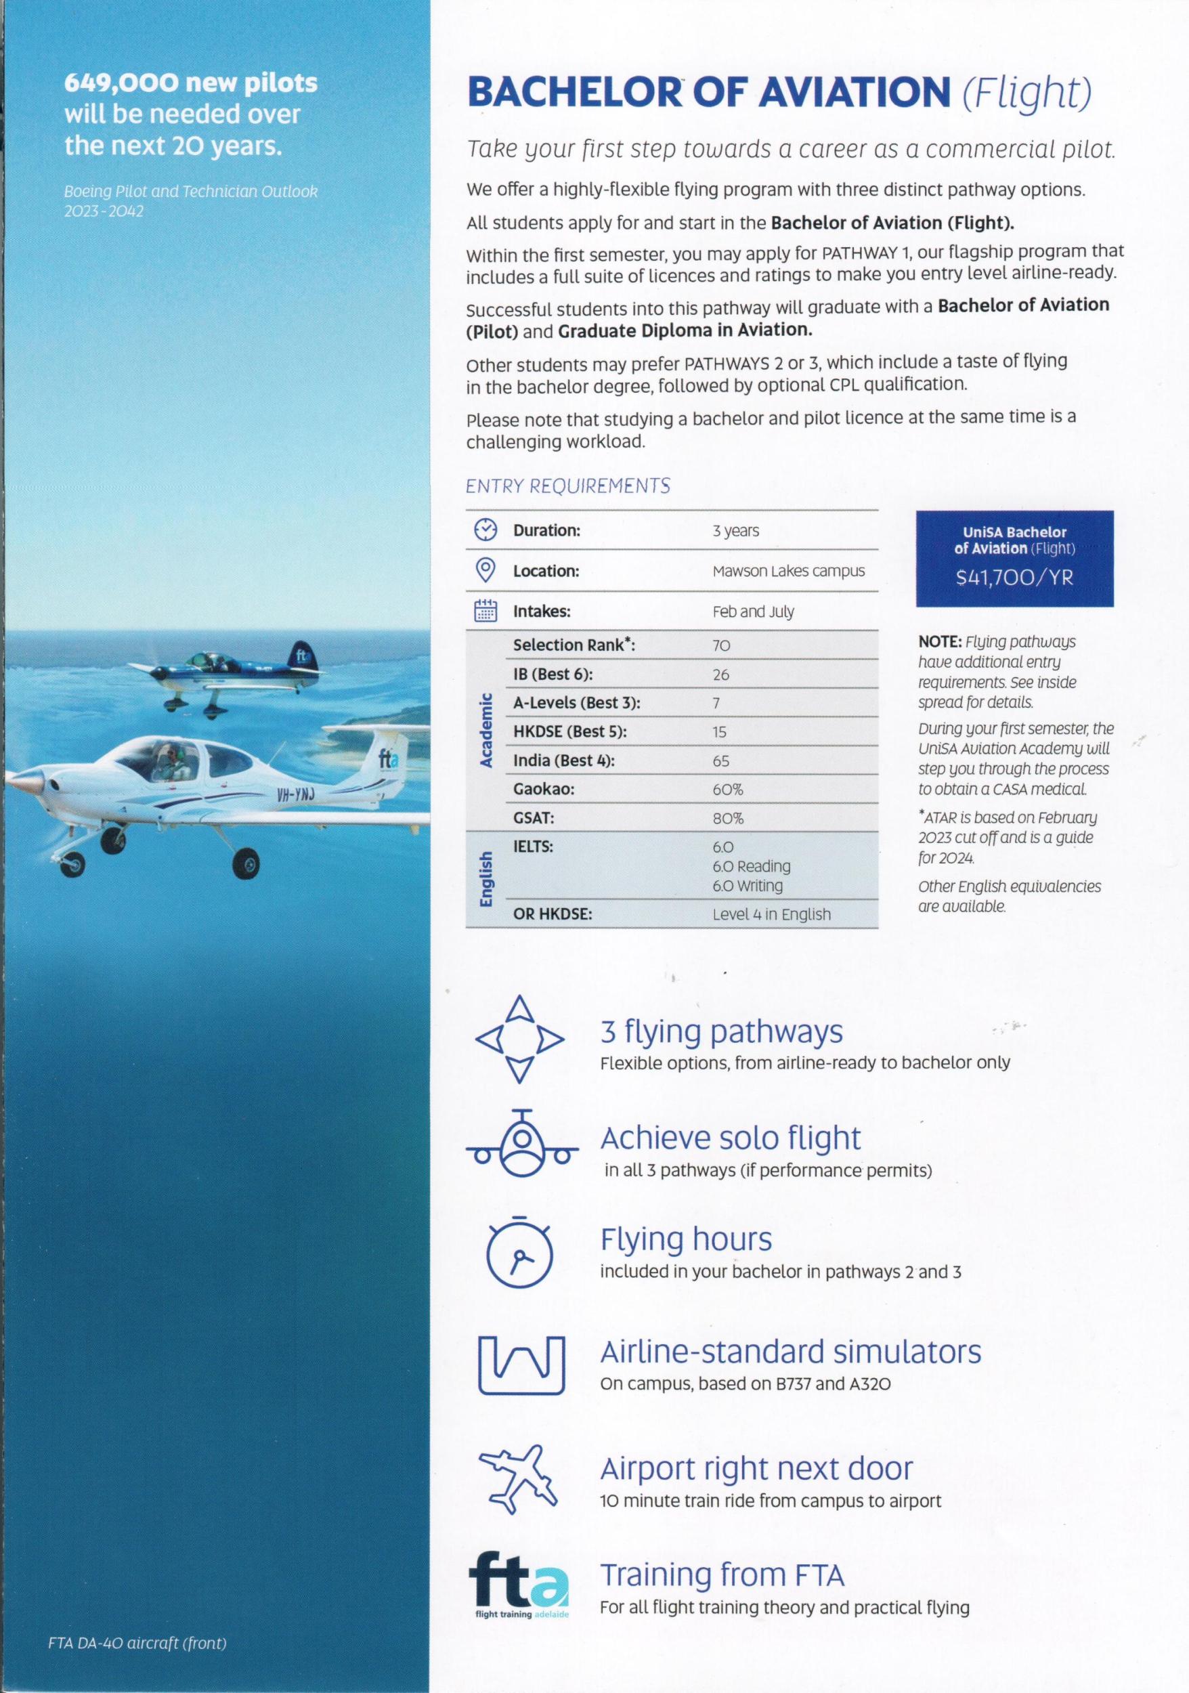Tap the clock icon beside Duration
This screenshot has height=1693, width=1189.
[x=485, y=530]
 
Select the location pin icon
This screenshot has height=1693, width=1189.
[x=485, y=570]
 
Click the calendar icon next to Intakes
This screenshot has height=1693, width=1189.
[x=485, y=612]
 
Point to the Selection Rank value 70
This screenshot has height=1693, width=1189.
[x=721, y=645]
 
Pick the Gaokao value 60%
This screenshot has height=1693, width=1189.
[x=728, y=789]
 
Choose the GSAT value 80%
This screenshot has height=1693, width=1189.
[x=728, y=819]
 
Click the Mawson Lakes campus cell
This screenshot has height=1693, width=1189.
[x=788, y=571]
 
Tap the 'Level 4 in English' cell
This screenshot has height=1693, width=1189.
[x=771, y=914]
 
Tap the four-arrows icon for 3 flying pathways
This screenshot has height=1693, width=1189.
[x=520, y=1040]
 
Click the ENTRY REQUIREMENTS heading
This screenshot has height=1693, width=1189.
[x=567, y=486]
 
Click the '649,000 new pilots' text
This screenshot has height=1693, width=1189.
[x=190, y=83]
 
